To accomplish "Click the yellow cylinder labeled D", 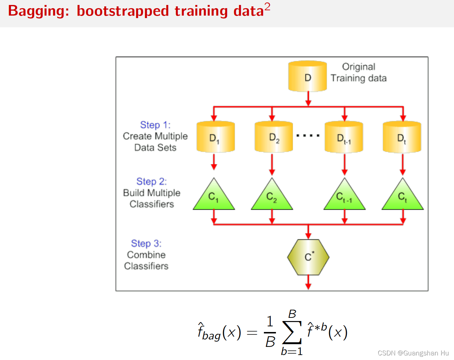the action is click(308, 77).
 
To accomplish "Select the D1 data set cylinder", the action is click(216, 137).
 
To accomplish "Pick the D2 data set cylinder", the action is click(273, 137).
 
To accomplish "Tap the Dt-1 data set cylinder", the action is click(344, 137).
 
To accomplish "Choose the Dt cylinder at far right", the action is click(402, 137).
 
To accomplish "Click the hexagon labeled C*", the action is click(308, 257).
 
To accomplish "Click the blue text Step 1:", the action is click(155, 125).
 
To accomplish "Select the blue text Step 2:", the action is click(151, 182).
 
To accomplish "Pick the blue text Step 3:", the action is click(146, 244).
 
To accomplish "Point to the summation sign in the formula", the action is click(292, 332).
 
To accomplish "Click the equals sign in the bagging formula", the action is click(252, 333).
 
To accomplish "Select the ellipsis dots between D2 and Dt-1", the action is click(308, 135).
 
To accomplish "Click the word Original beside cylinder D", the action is click(359, 67).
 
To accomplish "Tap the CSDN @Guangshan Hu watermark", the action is click(413, 353).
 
